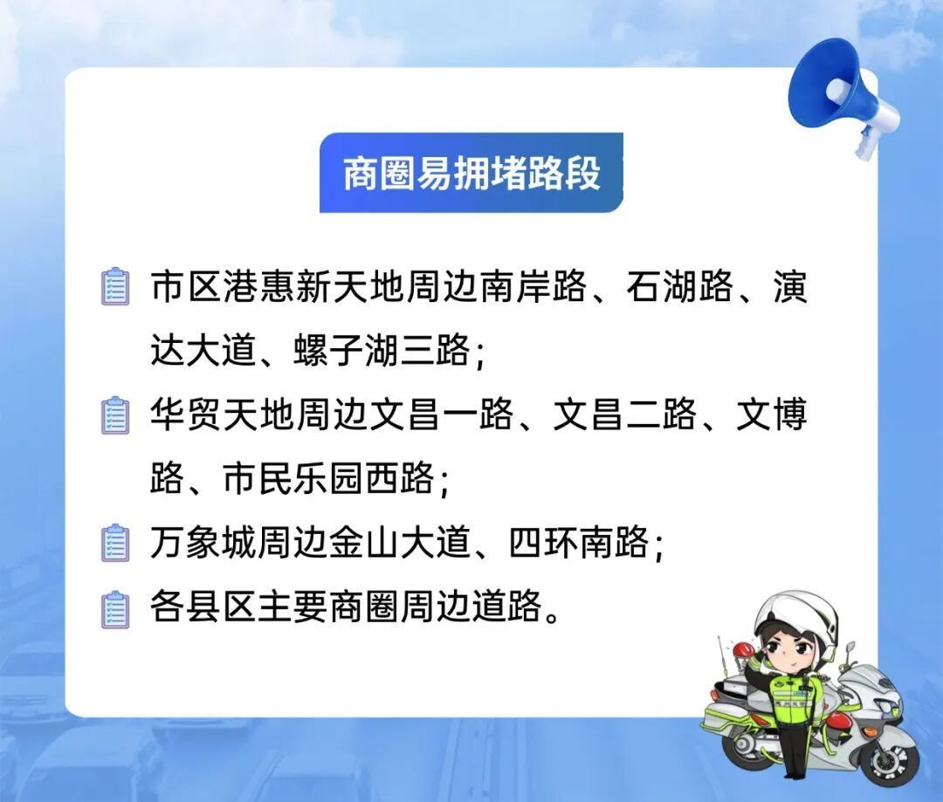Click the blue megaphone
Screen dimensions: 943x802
[x=842, y=96]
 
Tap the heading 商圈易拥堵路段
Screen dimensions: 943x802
[x=471, y=173]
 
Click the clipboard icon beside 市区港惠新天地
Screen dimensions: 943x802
[x=115, y=286]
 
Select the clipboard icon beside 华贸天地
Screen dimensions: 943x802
[x=115, y=415]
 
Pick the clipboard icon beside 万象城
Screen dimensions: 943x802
[x=115, y=543]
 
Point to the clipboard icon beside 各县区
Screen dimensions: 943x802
[x=115, y=609]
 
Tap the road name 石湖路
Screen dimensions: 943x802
[x=679, y=286]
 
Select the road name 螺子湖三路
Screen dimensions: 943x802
[x=382, y=350]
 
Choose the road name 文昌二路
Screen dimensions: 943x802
[x=624, y=415]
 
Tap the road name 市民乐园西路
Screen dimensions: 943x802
[x=328, y=479]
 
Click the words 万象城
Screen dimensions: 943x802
[x=203, y=542]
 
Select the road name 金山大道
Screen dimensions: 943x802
[x=399, y=542]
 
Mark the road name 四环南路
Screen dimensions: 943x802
[x=579, y=542]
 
